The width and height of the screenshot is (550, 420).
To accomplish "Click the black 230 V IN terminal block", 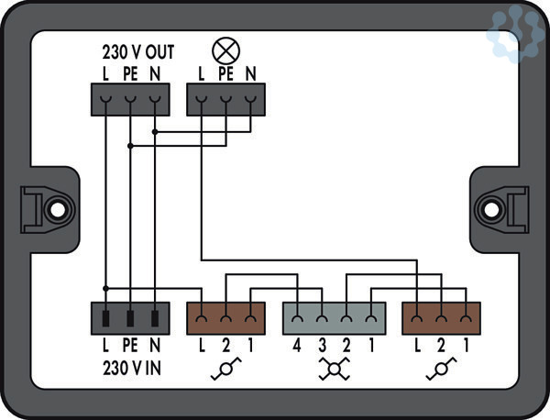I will pos(130,319).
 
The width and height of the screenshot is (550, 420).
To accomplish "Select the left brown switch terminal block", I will pos(225,319).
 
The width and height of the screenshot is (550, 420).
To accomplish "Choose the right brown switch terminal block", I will pos(442,319).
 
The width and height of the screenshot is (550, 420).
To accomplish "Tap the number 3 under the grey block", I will pos(323,346).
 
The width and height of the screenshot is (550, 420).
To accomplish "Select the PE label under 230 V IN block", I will pos(130,346).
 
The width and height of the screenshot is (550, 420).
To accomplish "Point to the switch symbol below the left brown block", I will pos(225,369).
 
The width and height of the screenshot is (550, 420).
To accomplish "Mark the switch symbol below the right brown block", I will pos(442,369).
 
